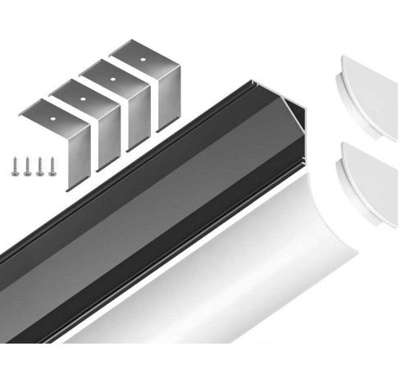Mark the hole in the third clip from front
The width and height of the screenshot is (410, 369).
tap(114, 77)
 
